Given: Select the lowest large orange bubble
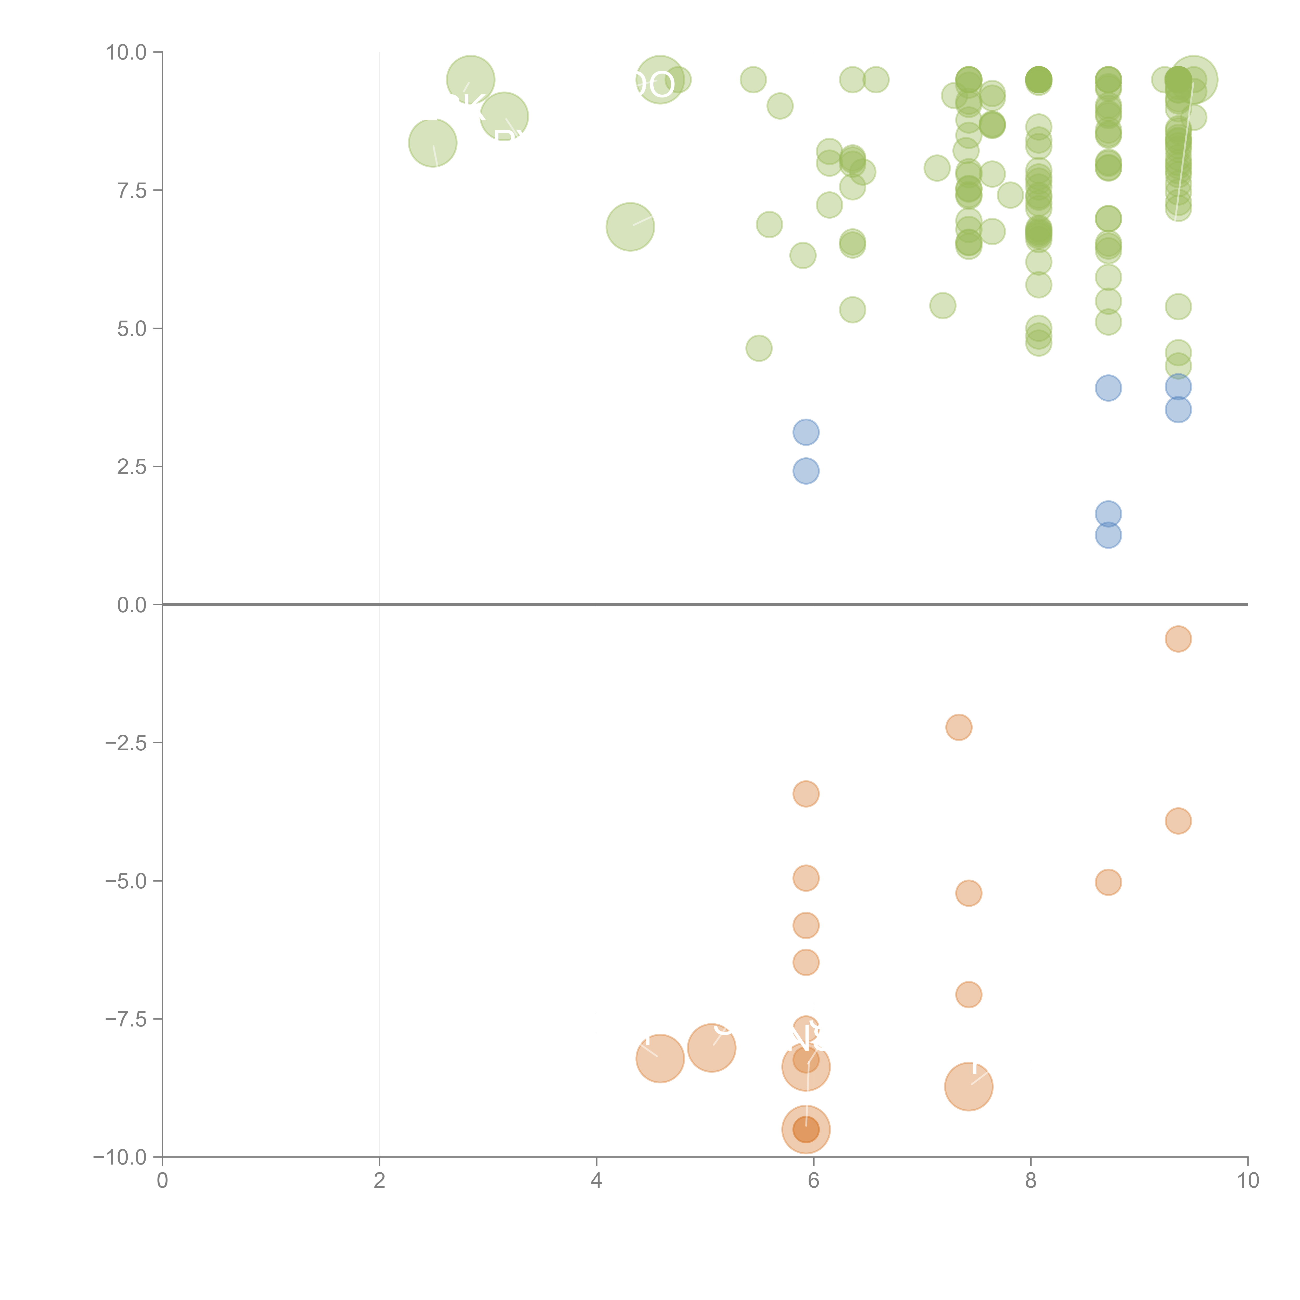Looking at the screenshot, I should pyautogui.click(x=805, y=1130).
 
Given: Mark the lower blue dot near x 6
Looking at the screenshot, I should pyautogui.click(x=805, y=471).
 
